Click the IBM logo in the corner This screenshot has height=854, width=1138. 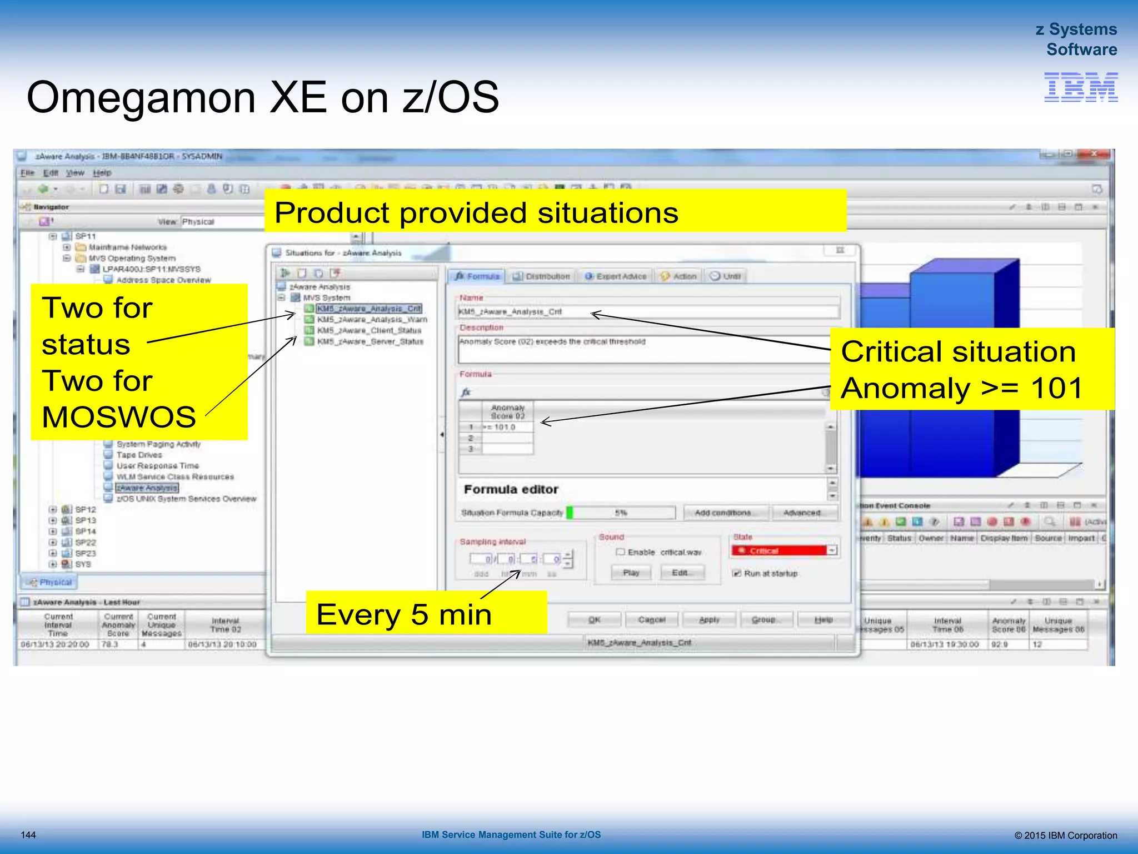(x=1080, y=87)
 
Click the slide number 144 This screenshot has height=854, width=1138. (x=28, y=835)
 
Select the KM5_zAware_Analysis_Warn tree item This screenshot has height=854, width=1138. (x=371, y=320)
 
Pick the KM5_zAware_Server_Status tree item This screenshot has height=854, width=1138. (x=370, y=341)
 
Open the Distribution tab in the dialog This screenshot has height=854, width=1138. (x=541, y=276)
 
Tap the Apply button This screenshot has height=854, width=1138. (x=709, y=619)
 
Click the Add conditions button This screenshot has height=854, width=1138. (x=722, y=513)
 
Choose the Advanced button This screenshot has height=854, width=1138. (x=801, y=513)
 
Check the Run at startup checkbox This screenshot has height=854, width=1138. (x=737, y=573)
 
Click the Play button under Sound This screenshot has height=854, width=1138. (x=631, y=573)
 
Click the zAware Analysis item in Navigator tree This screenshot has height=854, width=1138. (x=147, y=488)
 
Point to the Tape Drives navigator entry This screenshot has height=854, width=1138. (x=139, y=455)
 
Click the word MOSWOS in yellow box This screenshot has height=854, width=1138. (x=119, y=417)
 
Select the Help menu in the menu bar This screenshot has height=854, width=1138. (x=102, y=173)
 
